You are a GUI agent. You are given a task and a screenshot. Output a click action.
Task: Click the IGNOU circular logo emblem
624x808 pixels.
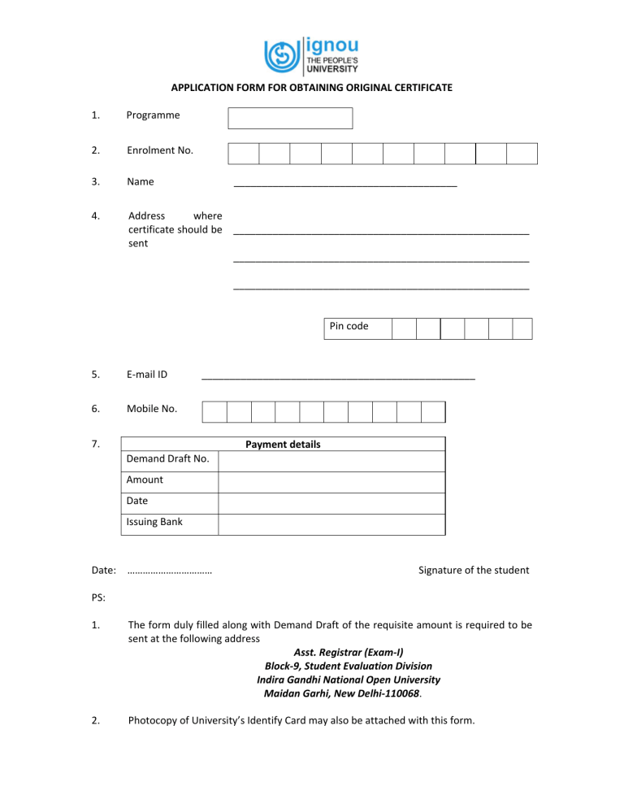tap(281, 55)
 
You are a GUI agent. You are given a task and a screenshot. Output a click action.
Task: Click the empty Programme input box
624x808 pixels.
tap(290, 118)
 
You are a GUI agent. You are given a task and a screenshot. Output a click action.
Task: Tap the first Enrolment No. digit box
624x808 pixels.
tap(243, 154)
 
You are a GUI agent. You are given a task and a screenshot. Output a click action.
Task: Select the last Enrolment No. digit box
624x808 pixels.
tap(522, 154)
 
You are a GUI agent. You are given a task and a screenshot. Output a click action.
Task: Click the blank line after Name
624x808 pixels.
tap(344, 185)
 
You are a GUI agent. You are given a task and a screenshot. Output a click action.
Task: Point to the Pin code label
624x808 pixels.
tap(349, 326)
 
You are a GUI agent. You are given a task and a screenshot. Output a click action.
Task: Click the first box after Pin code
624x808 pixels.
tap(404, 328)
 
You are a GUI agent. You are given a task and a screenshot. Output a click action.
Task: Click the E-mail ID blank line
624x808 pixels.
tap(337, 377)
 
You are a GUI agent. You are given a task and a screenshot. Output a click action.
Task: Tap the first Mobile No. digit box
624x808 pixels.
tap(214, 412)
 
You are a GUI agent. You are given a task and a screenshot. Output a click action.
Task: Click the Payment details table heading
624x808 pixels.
tap(283, 445)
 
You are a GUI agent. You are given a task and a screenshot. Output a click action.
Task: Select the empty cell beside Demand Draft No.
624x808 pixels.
tap(331, 461)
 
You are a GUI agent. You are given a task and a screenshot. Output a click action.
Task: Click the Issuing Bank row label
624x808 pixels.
tap(154, 522)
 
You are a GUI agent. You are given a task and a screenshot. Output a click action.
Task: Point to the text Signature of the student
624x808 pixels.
tap(474, 570)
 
